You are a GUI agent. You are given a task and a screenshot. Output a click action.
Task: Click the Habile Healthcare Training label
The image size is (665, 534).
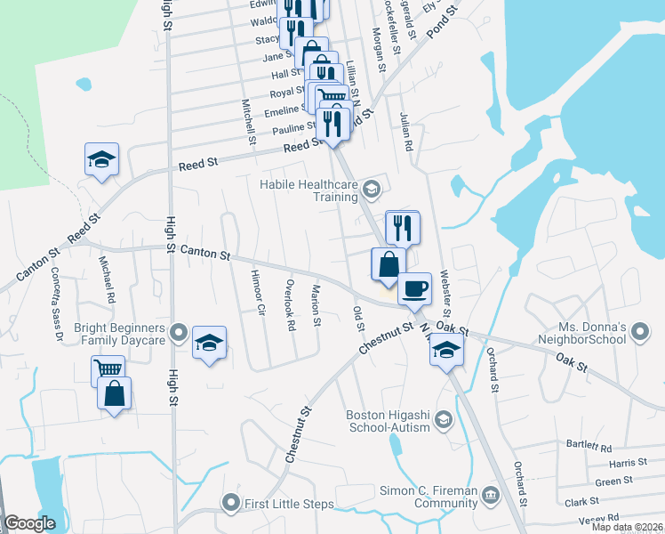coord(308,190)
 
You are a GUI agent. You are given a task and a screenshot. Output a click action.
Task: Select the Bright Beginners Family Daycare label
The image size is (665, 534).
coord(120,334)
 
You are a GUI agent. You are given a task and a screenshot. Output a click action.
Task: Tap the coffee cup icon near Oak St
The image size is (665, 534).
coord(413,287)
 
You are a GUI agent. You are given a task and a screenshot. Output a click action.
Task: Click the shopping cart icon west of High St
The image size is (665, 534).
coord(108,369)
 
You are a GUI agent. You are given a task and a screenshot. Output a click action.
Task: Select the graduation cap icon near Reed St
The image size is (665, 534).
coord(101,160)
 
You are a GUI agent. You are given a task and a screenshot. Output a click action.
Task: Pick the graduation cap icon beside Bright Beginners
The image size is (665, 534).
coord(209,343)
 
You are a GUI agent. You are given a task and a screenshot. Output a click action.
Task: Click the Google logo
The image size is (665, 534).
coord(29,523)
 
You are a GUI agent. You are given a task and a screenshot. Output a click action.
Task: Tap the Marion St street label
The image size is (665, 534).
coord(316,304)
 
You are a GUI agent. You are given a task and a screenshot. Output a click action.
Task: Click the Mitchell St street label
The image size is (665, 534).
coord(249,121)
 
